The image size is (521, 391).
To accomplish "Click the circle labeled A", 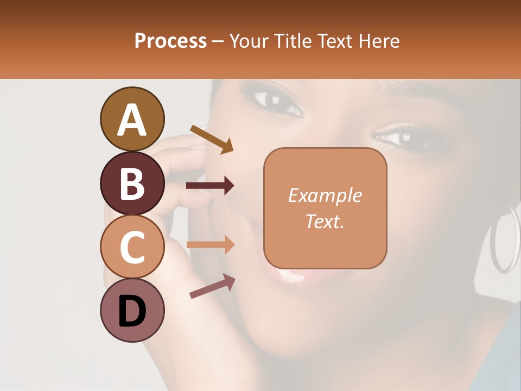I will point(132,119).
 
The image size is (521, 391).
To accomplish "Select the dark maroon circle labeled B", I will point(132,183).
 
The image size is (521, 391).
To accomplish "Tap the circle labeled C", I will point(132,247).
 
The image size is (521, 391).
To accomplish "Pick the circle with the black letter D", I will point(132,310).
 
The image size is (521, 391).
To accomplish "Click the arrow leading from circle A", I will point(212,139).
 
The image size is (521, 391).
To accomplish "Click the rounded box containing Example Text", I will point(325,208).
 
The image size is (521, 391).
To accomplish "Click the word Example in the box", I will point(325,195).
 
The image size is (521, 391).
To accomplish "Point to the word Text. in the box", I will point(325,221).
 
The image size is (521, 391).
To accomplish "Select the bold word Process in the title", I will point(170,41).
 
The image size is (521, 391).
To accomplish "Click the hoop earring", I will point(505,239).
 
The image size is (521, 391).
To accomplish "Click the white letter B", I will point(132,183).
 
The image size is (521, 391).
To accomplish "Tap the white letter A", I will point(132,119).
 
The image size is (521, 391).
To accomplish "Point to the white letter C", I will point(132,247).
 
